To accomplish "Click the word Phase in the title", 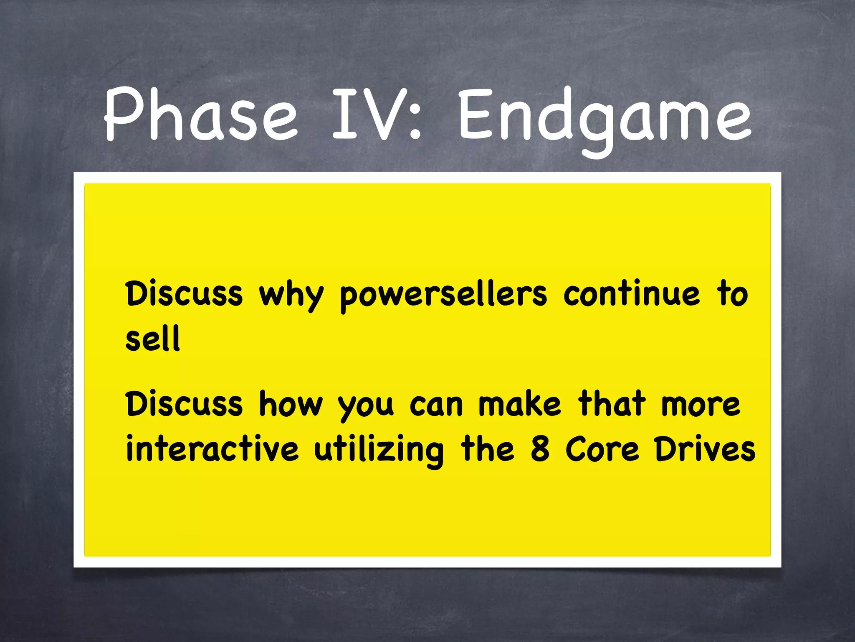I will (x=200, y=115).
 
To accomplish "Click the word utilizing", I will (x=379, y=451).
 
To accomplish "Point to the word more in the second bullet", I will (x=701, y=405).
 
